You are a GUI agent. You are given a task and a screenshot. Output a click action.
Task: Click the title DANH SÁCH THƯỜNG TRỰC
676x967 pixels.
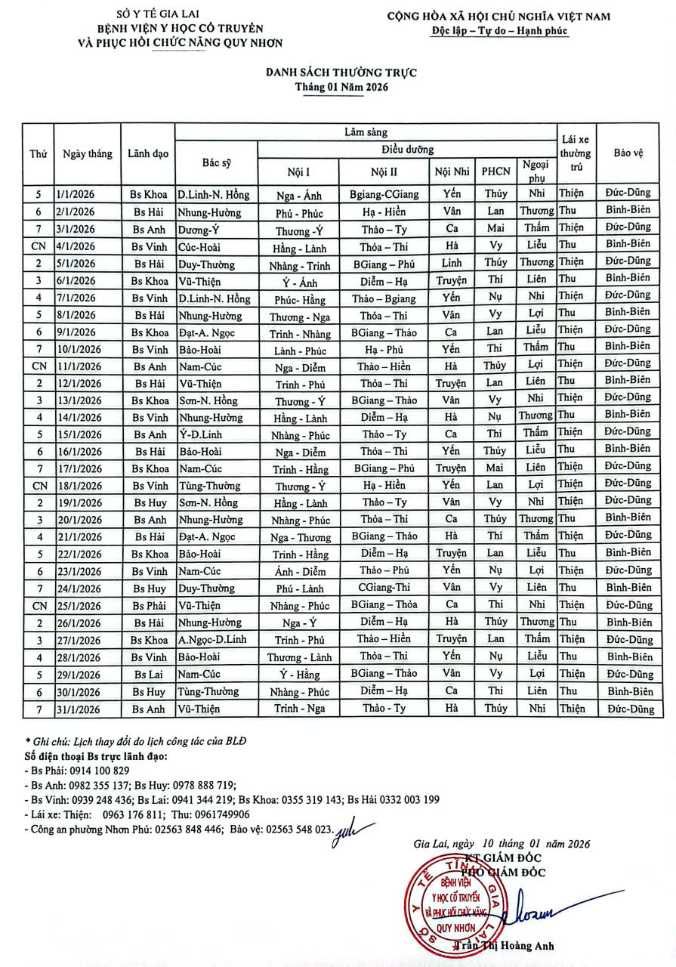point(341,73)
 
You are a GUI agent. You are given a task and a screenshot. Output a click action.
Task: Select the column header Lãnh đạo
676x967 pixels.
point(148,153)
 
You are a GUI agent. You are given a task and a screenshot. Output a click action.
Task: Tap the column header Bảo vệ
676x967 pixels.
point(628,153)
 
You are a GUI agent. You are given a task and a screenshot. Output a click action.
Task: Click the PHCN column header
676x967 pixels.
point(496,171)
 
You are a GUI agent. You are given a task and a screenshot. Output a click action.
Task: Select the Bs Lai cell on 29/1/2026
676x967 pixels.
point(150,674)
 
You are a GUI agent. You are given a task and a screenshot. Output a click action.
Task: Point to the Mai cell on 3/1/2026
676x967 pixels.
point(495,228)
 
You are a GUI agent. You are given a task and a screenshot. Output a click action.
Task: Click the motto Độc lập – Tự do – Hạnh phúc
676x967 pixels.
point(499,32)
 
